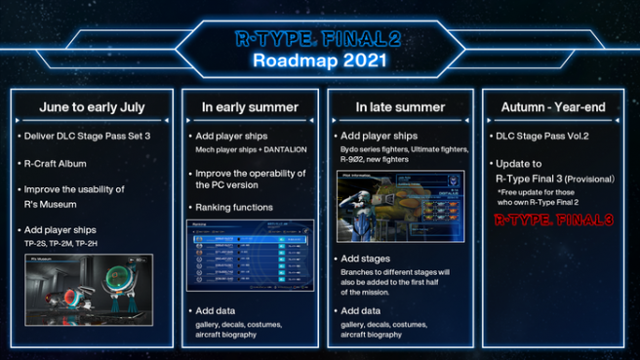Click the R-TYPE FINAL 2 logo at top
319,40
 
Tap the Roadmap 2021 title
319,61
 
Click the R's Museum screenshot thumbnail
90,288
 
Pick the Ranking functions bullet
239,207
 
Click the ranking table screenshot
250,256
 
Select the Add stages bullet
367,259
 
